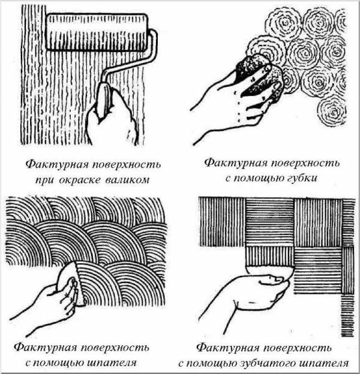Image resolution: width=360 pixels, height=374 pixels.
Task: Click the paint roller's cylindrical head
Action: tap(97, 32)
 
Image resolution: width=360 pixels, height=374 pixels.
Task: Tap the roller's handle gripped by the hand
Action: tap(104, 100)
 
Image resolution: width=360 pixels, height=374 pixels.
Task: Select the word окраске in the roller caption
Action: tap(79, 180)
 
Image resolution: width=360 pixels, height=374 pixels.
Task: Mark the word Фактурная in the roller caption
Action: tap(56, 165)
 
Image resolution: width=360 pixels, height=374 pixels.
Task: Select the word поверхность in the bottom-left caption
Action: tap(115, 348)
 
